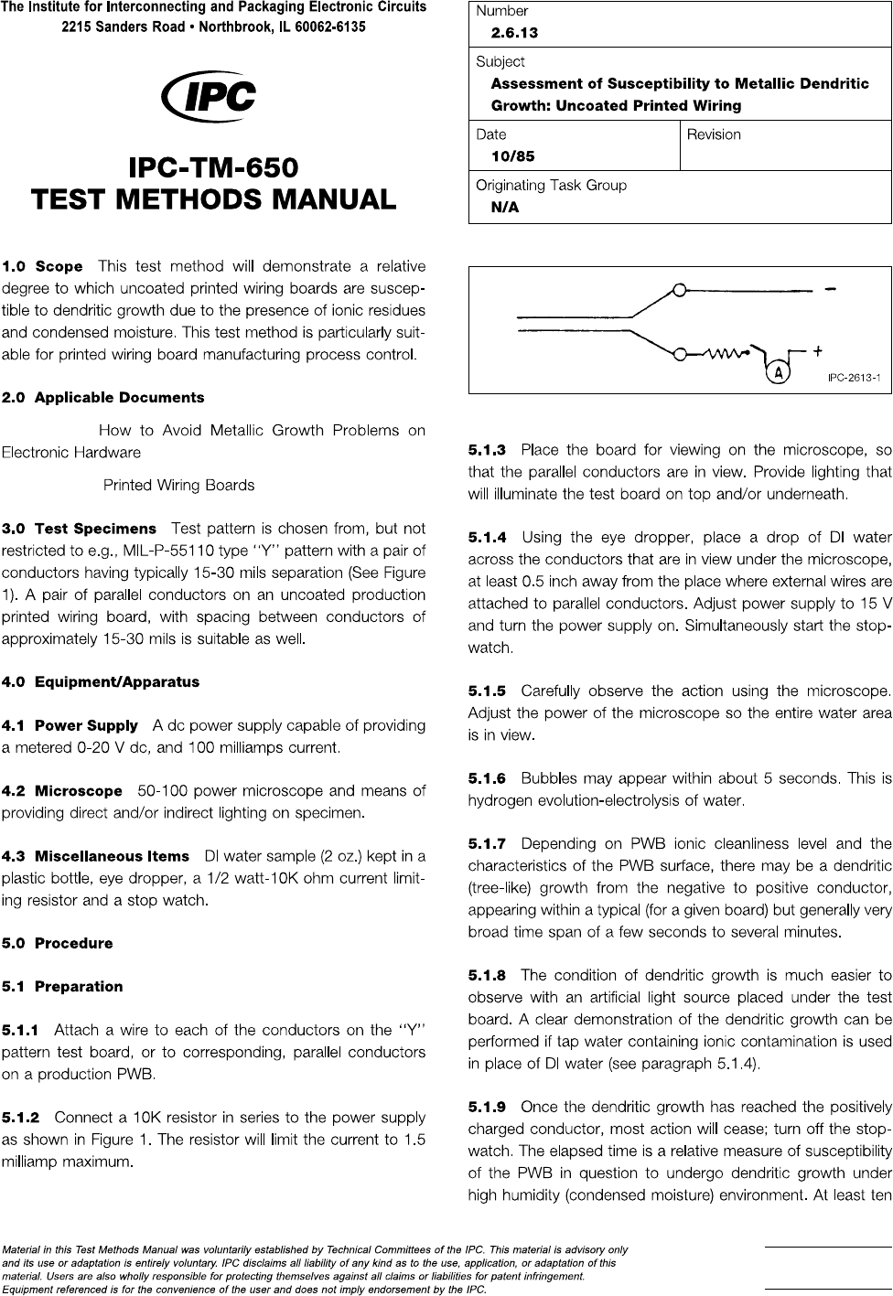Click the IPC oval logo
coord(208,97)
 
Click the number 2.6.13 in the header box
coord(514,33)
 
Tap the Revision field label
coord(714,134)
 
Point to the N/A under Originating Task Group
coord(505,207)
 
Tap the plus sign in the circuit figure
coord(816,349)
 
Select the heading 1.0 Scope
coord(42,267)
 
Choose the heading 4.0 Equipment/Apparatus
coord(101,681)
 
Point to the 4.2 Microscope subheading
coord(62,790)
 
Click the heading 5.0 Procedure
coord(58,943)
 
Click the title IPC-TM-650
coord(214,168)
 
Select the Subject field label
coord(500,61)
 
